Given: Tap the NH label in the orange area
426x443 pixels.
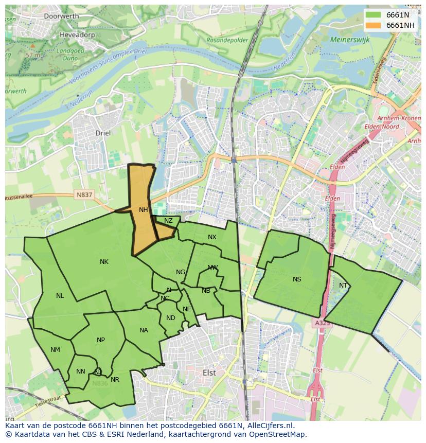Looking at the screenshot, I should click(x=144, y=210).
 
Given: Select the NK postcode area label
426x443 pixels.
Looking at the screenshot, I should click(x=104, y=262).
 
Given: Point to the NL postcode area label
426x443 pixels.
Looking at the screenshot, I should click(x=60, y=296).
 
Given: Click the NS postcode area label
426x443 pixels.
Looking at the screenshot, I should click(x=297, y=279).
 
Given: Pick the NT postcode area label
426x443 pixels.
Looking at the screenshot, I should click(x=343, y=286).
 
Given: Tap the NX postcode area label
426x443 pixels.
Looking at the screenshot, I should click(x=212, y=237).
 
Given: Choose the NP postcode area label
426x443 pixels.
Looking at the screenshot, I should click(x=101, y=340).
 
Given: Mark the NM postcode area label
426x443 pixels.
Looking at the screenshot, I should click(x=55, y=350).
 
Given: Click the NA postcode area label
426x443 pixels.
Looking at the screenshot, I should click(x=144, y=330).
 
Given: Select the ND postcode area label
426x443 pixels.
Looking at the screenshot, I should click(x=171, y=318).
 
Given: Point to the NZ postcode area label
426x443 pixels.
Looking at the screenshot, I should click(x=168, y=221).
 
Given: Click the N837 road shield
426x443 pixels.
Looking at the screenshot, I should click(x=84, y=195).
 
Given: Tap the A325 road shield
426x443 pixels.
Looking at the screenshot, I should click(x=322, y=323).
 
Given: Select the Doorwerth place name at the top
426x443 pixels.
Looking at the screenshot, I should click(x=61, y=16).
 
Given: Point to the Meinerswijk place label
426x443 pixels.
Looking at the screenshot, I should click(x=350, y=39).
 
